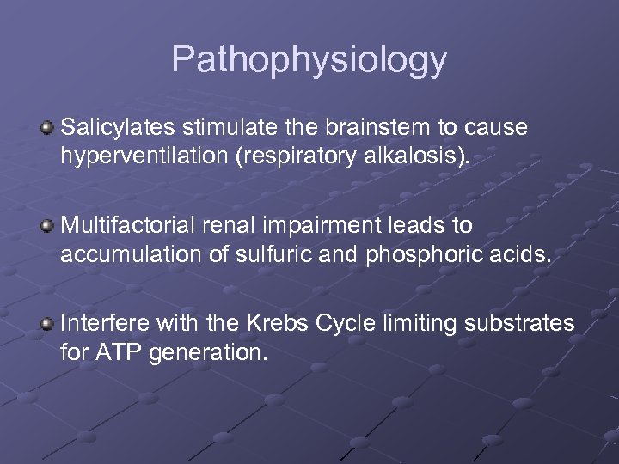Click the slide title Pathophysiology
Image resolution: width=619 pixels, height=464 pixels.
coord(309,60)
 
